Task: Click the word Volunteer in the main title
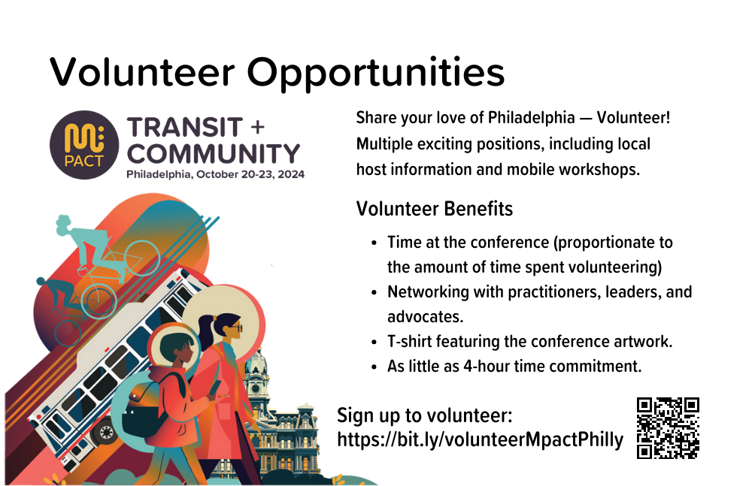pos(142,72)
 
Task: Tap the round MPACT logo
pos(84,145)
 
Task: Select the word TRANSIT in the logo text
pos(185,128)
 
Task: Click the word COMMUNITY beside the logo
pos(214,154)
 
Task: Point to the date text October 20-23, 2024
pos(250,174)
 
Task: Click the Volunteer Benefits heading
pos(435,209)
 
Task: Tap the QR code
pos(668,428)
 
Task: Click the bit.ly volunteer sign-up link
pos(480,440)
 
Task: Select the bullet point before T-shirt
pos(374,343)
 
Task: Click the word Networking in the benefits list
pos(429,292)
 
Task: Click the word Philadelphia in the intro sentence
pos(532,118)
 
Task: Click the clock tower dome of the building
pos(256,364)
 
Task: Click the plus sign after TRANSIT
pos(257,127)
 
